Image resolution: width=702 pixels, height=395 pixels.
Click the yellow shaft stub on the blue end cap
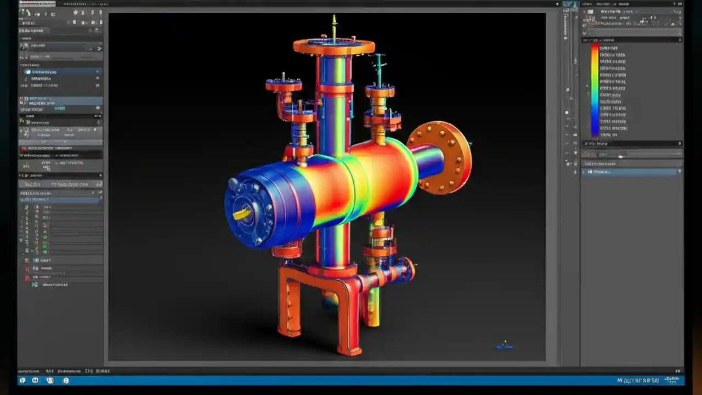pos(242,212)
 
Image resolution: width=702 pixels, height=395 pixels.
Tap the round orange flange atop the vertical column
pos(333,46)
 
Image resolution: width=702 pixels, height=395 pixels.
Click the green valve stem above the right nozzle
pos(378,69)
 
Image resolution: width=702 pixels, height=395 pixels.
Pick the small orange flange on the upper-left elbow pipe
pos(284,86)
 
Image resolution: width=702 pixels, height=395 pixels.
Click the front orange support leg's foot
pos(349,349)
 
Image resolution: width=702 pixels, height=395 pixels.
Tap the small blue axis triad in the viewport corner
pos(504,346)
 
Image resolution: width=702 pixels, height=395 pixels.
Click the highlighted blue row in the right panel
pos(631,172)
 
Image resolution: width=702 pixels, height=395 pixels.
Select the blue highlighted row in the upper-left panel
pos(60,72)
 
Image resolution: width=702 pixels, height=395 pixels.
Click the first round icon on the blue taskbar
pos(22,380)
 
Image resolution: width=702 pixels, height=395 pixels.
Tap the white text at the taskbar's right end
pos(638,380)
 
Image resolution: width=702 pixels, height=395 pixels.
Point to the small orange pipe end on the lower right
pos(408,269)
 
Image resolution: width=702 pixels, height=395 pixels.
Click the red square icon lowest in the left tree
pos(27,278)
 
